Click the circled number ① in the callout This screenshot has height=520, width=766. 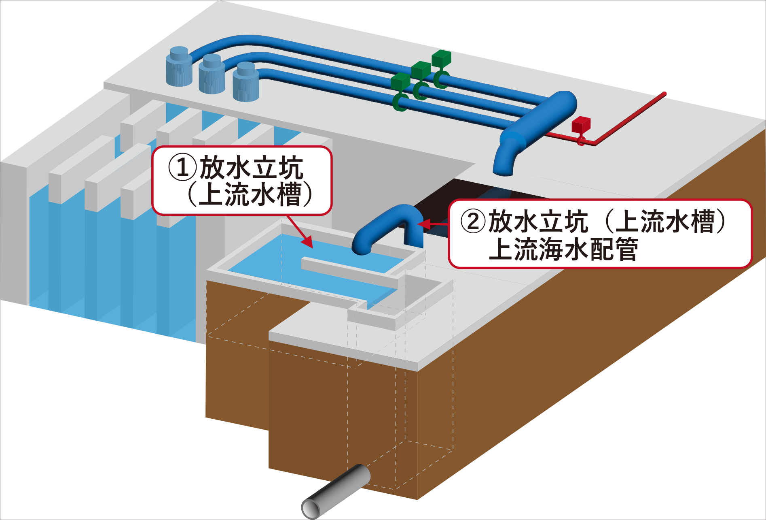[x=182, y=168]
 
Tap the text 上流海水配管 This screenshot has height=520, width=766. [x=563, y=249]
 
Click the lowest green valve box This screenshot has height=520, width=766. [x=400, y=81]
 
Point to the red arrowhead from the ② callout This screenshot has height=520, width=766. [x=421, y=224]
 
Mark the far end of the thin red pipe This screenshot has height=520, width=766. [x=663, y=94]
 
